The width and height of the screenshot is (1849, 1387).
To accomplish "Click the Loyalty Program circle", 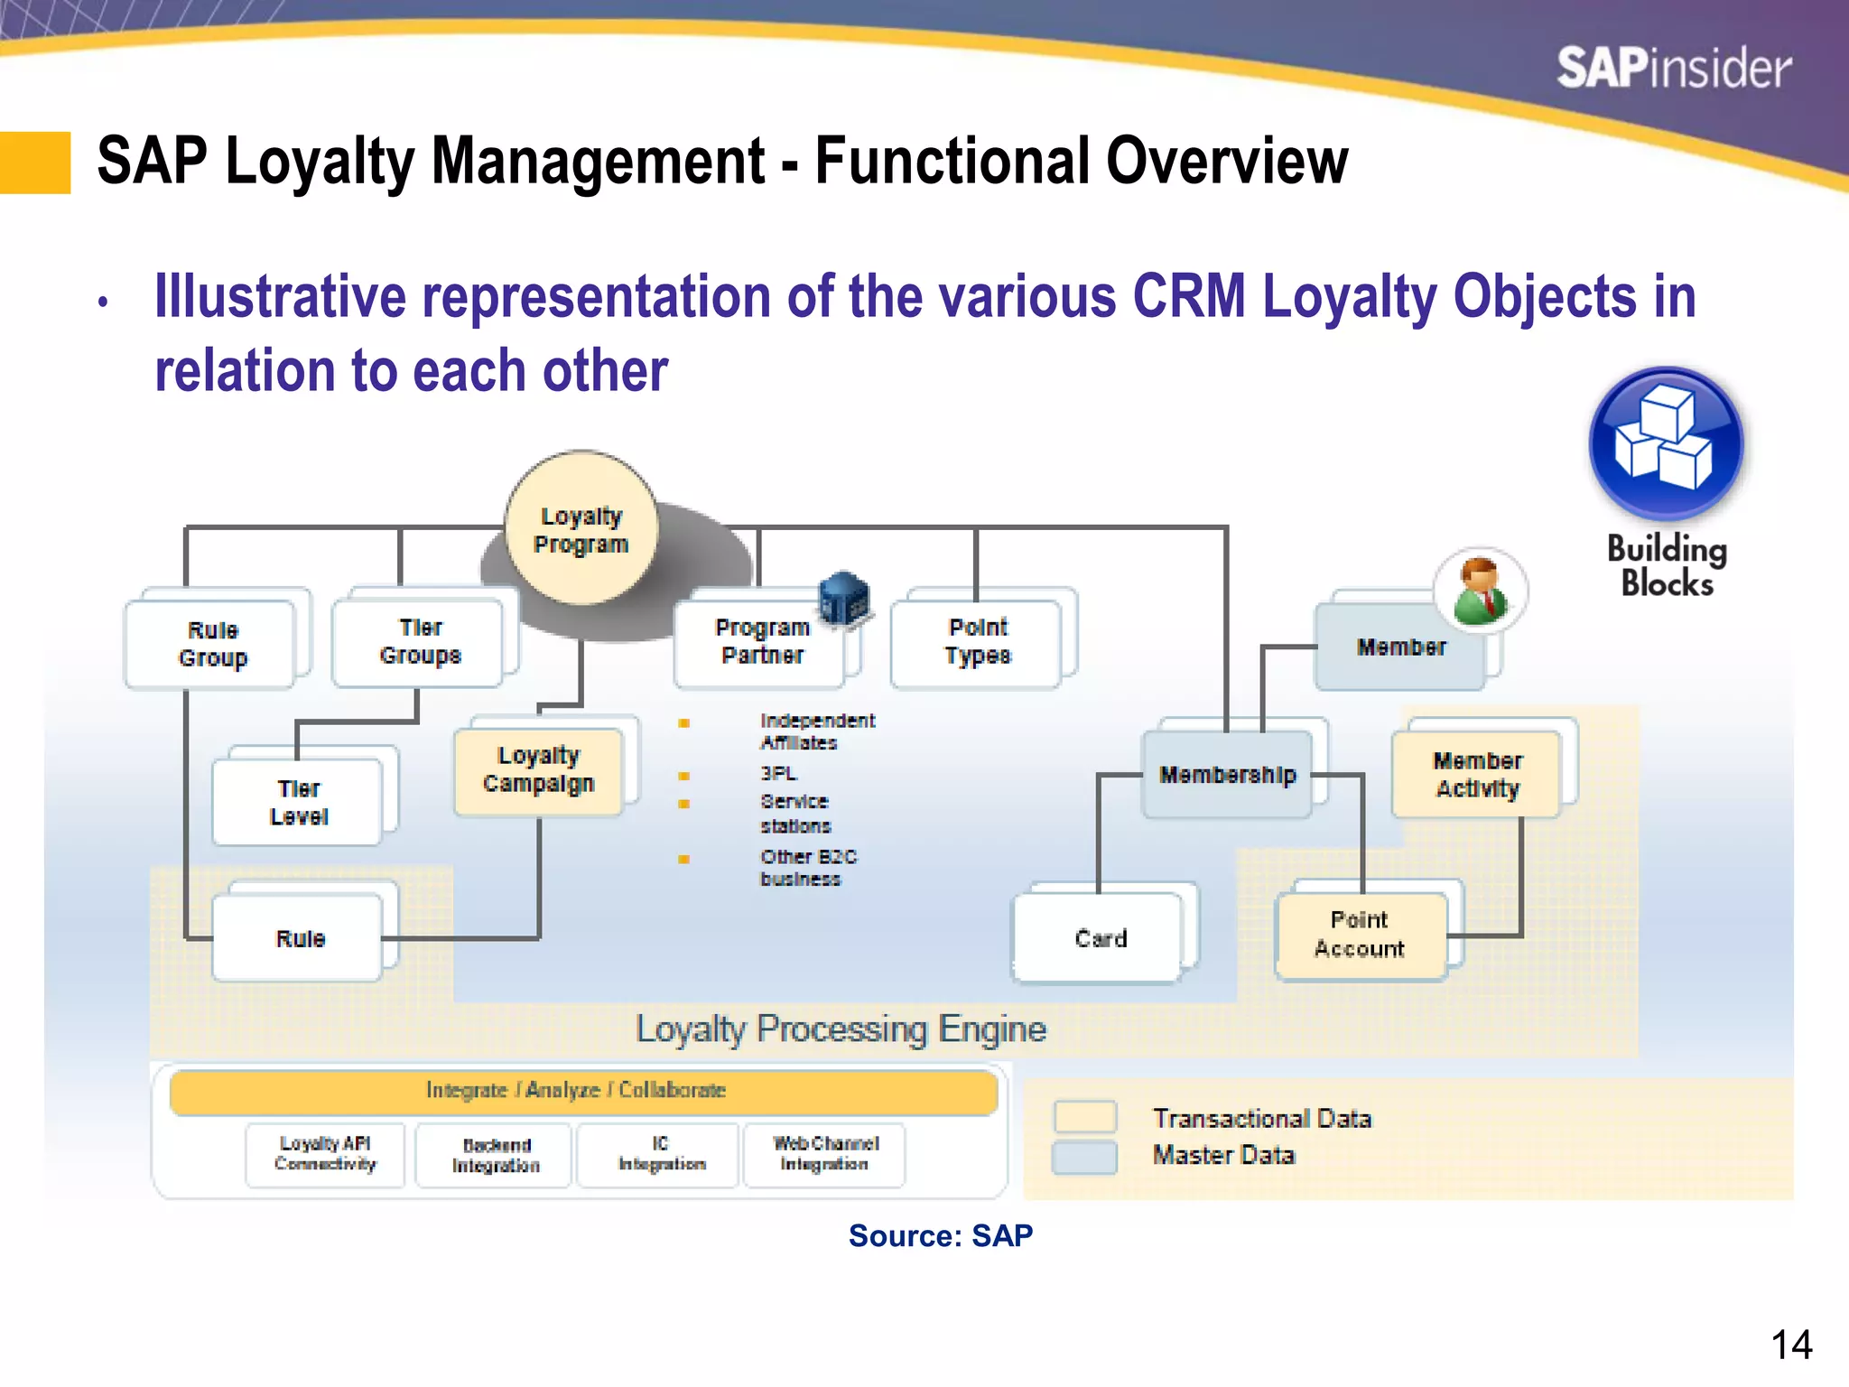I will click(581, 529).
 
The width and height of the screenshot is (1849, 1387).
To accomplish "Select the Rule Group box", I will click(212, 644).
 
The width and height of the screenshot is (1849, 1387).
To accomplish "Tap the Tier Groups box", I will click(420, 641).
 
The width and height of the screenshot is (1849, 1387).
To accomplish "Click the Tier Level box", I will click(299, 802).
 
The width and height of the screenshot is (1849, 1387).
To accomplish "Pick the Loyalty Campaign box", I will click(539, 769).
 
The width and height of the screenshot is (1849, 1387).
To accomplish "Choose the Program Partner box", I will click(761, 642).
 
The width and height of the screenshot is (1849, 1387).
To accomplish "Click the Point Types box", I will click(978, 642).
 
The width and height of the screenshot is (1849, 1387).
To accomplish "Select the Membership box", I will click(1227, 775).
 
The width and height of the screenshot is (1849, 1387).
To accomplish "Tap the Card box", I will click(1100, 938).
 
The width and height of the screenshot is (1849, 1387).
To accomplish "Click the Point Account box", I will click(1360, 935).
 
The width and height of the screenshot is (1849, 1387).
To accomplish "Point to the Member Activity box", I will click(1477, 775).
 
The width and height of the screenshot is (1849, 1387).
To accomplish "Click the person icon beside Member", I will click(1480, 591).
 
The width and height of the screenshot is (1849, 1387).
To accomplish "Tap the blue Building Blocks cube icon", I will click(1666, 443).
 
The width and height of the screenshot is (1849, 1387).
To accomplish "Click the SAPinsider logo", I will click(1674, 69).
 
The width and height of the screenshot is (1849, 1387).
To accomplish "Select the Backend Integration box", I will click(496, 1155).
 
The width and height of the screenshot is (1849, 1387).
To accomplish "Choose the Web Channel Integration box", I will click(824, 1154).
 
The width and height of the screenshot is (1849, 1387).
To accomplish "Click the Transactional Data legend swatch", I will click(1084, 1117).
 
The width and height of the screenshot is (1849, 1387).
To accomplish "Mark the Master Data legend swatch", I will click(1084, 1157).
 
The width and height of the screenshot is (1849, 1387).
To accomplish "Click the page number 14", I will click(1791, 1345).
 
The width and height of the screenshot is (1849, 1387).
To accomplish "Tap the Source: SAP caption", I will click(940, 1235).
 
